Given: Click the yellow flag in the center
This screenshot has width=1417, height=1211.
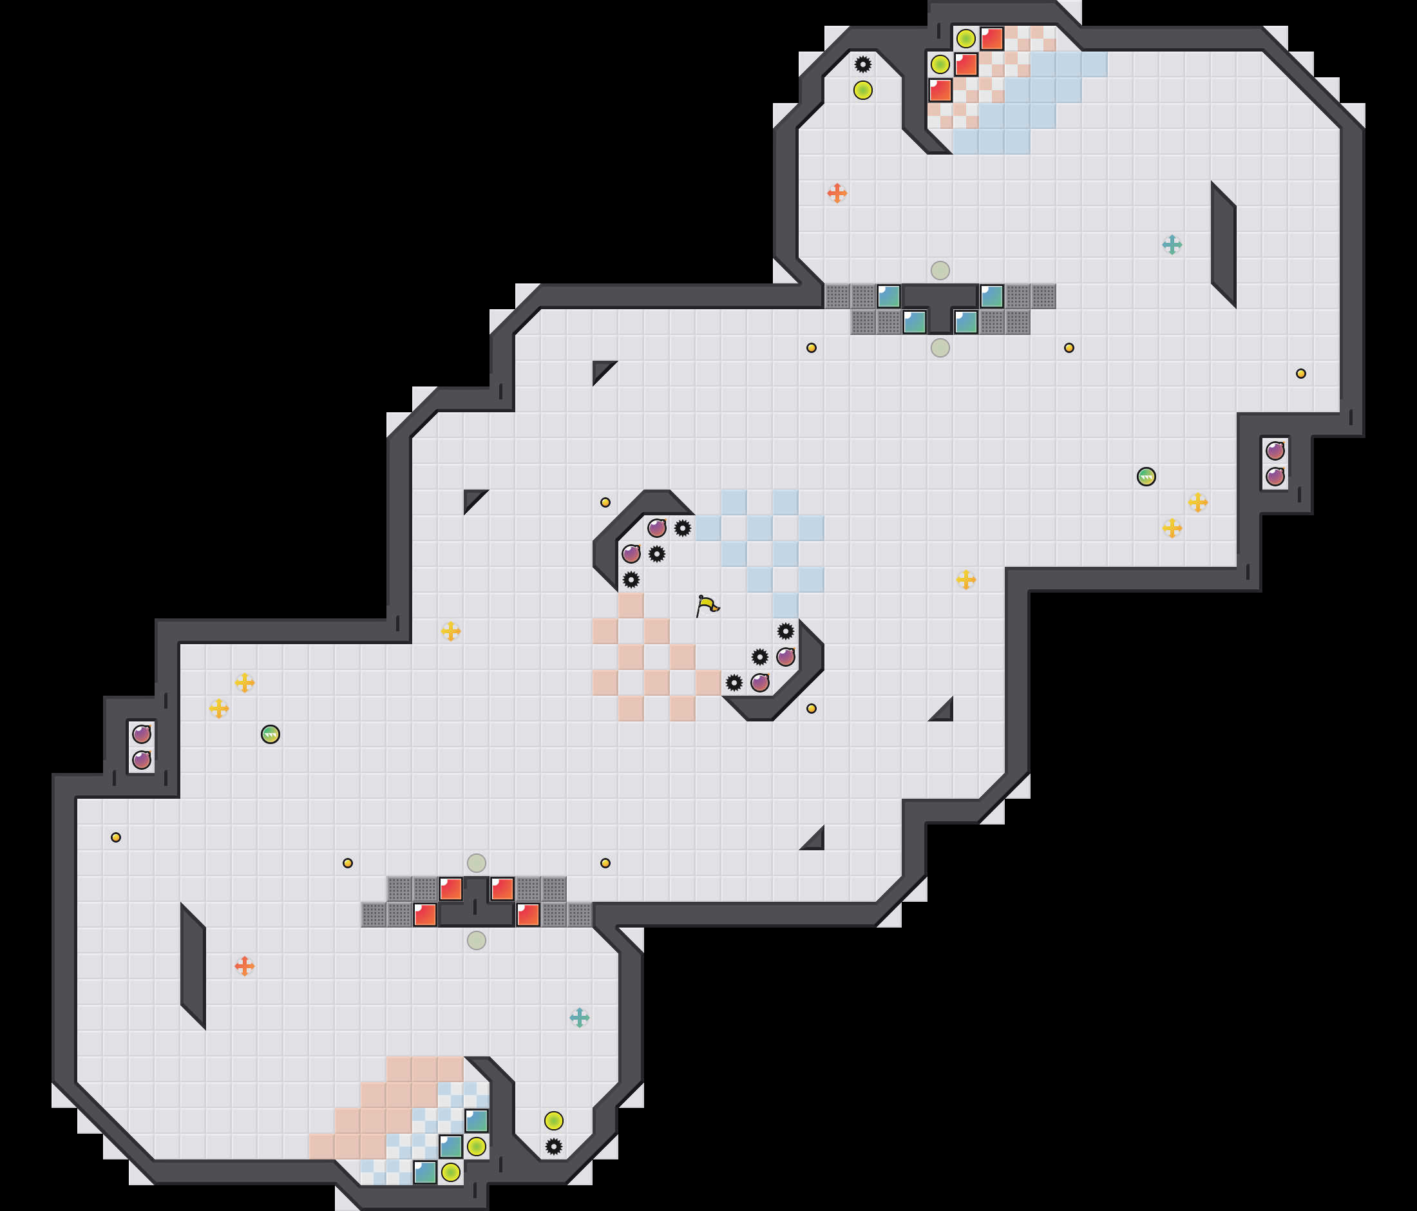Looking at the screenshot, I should tap(707, 605).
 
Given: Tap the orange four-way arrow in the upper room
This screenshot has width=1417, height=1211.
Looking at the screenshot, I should tap(837, 193).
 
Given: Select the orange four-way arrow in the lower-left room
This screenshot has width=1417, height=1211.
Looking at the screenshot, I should tap(244, 966).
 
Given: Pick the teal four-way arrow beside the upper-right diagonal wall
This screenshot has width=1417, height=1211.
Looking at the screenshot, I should tap(1172, 245).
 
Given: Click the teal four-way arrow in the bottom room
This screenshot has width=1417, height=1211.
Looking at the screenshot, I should tap(579, 1018).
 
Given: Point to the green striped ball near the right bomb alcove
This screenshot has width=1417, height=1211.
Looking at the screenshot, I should tap(1146, 477).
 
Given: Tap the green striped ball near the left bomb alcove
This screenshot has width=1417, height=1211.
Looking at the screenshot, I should tap(270, 734).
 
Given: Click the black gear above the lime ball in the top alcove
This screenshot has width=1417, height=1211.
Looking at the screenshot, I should tap(863, 64).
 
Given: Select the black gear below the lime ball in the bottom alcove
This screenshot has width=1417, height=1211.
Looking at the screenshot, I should tap(554, 1147).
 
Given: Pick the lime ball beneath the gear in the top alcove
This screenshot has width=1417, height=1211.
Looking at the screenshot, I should tap(863, 90).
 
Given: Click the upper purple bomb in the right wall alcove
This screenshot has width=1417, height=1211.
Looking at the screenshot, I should tap(1275, 451).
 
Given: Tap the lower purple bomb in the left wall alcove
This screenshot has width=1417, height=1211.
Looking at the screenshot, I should tap(142, 759).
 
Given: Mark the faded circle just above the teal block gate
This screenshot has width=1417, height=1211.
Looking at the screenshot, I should tap(940, 270).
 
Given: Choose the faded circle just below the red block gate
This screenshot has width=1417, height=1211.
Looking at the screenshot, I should tap(477, 940).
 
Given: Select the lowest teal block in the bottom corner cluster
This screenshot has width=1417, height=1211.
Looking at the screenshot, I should tap(424, 1172).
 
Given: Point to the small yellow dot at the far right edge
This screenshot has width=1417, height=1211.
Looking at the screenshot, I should tap(1300, 374).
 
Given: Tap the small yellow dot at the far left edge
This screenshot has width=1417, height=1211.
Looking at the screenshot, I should tap(115, 837).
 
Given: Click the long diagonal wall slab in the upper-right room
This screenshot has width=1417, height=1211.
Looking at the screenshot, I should tap(1224, 245).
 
